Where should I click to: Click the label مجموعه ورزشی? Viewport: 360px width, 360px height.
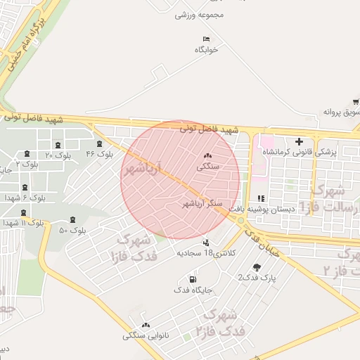point(199,15)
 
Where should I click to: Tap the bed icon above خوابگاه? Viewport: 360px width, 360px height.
point(206,39)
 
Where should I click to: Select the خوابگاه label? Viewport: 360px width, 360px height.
point(207,50)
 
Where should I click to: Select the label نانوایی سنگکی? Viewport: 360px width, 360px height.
point(145,335)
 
